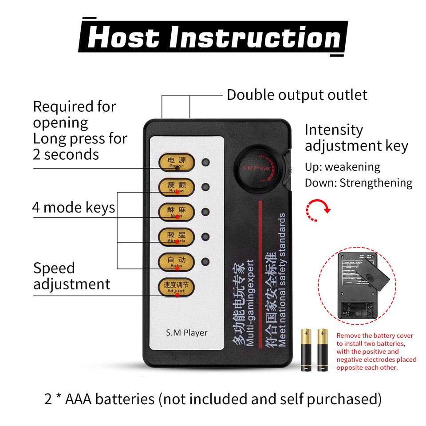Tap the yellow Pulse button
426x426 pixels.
click(177, 187)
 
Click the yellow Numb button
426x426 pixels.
click(177, 212)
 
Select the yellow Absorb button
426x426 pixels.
click(177, 237)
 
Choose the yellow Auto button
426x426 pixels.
click(177, 262)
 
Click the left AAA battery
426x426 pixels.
click(306, 350)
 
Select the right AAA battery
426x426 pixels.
click(322, 350)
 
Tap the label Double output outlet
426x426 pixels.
click(297, 95)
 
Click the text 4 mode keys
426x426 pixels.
click(74, 207)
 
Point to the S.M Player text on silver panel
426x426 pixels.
click(186, 332)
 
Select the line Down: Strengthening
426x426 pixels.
click(359, 183)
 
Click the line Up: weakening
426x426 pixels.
click(342, 167)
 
